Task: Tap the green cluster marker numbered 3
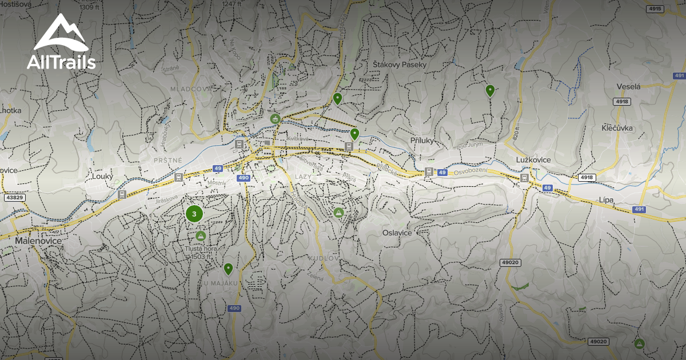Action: coord(194,214)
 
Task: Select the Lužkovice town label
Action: coord(533,160)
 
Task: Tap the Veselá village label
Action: coord(628,86)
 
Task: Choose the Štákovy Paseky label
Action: coord(400,65)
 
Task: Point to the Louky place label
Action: coord(103,177)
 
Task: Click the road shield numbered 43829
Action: coord(15,198)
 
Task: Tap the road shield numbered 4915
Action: coord(655,9)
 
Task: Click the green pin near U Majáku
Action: coord(228,268)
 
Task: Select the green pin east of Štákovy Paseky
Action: coord(490,90)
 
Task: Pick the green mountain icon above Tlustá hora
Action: coord(200,235)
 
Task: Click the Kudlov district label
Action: coord(324,259)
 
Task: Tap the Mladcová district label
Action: coord(191,89)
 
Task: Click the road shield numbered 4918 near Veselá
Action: coord(623,101)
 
